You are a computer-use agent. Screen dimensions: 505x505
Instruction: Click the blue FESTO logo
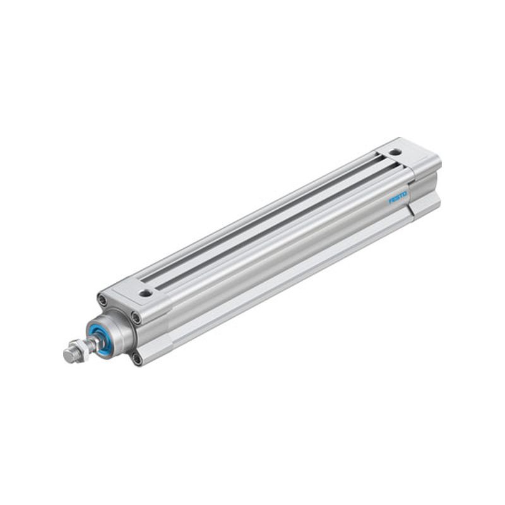tap(398, 198)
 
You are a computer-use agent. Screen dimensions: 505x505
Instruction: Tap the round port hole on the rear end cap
tap(393, 151)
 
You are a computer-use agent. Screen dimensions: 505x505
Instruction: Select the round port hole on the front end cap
tap(146, 293)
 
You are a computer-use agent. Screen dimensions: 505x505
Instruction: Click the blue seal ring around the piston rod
tap(100, 336)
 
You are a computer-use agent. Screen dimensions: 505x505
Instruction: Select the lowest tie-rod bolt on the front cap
tap(138, 359)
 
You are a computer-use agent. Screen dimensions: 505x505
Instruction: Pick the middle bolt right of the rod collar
tap(137, 318)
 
